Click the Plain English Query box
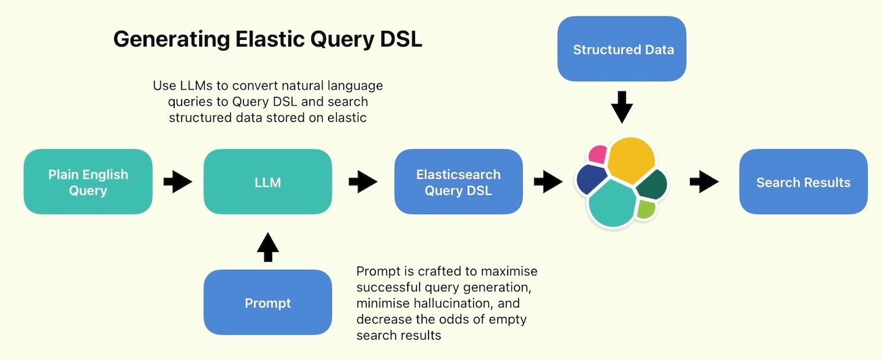point(88,182)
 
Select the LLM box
point(267,182)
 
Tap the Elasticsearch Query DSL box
point(458,182)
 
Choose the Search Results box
point(803,182)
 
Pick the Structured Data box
point(622,49)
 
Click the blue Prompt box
point(267,302)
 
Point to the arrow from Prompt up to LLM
point(267,247)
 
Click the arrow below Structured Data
point(622,107)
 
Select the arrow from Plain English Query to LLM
point(178,182)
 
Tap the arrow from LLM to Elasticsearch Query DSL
point(363,182)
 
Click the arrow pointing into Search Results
point(704,182)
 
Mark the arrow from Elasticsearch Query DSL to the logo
point(548,182)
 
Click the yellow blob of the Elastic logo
point(631,159)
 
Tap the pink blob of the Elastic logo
point(597,155)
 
